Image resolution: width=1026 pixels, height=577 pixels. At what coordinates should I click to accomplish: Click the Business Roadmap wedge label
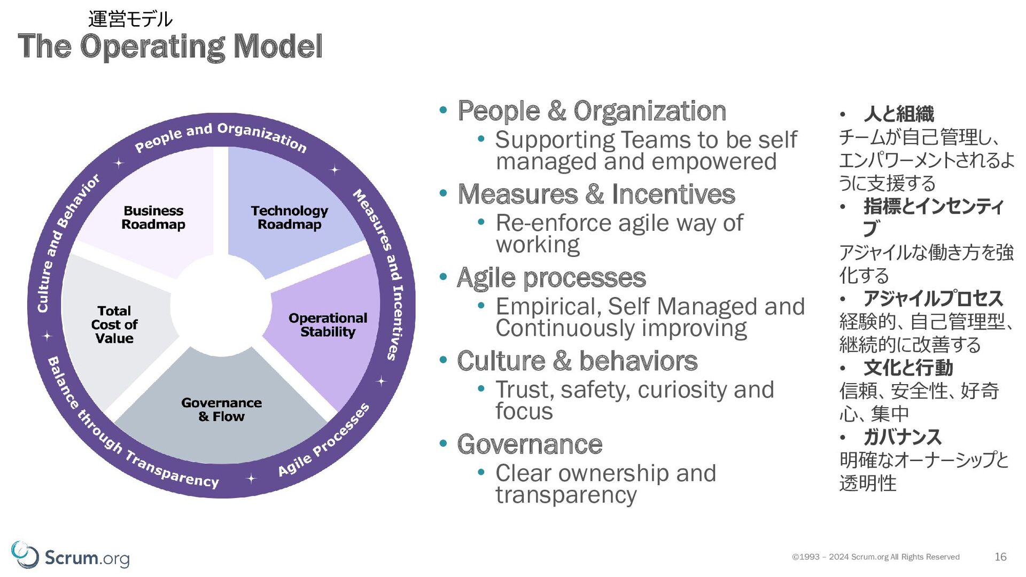(153, 217)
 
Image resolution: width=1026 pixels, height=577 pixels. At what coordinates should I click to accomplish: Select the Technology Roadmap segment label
(290, 217)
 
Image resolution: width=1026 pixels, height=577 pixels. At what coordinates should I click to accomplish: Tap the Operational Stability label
(328, 325)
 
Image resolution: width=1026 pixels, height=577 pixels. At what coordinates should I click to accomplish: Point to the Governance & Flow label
(222, 409)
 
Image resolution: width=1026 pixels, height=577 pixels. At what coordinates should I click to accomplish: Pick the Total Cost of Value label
(114, 324)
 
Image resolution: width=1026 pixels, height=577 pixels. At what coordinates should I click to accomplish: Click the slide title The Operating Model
(170, 46)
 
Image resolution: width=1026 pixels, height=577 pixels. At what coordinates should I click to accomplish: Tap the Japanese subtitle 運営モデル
(130, 19)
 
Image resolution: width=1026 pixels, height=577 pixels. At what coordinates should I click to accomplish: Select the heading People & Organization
(592, 111)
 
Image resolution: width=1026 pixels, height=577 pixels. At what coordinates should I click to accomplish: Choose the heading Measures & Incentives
(596, 194)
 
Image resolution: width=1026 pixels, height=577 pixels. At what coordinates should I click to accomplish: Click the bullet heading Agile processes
(551, 278)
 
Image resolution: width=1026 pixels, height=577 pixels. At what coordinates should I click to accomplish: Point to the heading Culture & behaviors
(578, 361)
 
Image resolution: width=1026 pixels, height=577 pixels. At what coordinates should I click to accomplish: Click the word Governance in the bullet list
(530, 444)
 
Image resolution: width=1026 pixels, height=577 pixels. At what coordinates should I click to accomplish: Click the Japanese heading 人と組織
(899, 114)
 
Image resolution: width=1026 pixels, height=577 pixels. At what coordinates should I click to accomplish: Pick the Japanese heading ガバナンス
(902, 437)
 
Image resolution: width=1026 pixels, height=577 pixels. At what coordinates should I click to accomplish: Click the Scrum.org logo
(71, 556)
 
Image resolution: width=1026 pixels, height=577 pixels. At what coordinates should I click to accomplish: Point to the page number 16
(1000, 557)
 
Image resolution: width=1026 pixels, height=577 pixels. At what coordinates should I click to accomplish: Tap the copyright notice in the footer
(876, 557)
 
